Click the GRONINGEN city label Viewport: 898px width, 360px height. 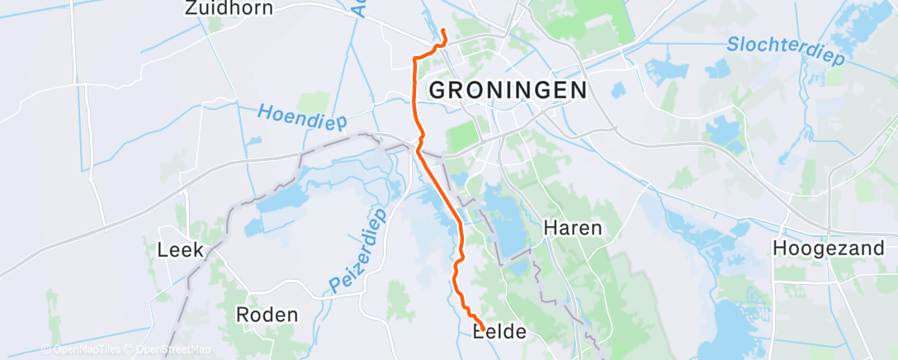pyautogui.click(x=508, y=90)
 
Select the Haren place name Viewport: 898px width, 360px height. pyautogui.click(x=572, y=228)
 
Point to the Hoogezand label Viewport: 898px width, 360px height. pyautogui.click(x=829, y=248)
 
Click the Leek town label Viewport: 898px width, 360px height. pyautogui.click(x=180, y=249)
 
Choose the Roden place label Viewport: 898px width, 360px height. pyautogui.click(x=267, y=315)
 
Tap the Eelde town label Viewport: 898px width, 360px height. pyautogui.click(x=499, y=332)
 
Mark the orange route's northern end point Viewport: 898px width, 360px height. pyautogui.click(x=443, y=31)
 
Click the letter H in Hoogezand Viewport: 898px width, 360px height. pyautogui.click(x=778, y=248)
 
